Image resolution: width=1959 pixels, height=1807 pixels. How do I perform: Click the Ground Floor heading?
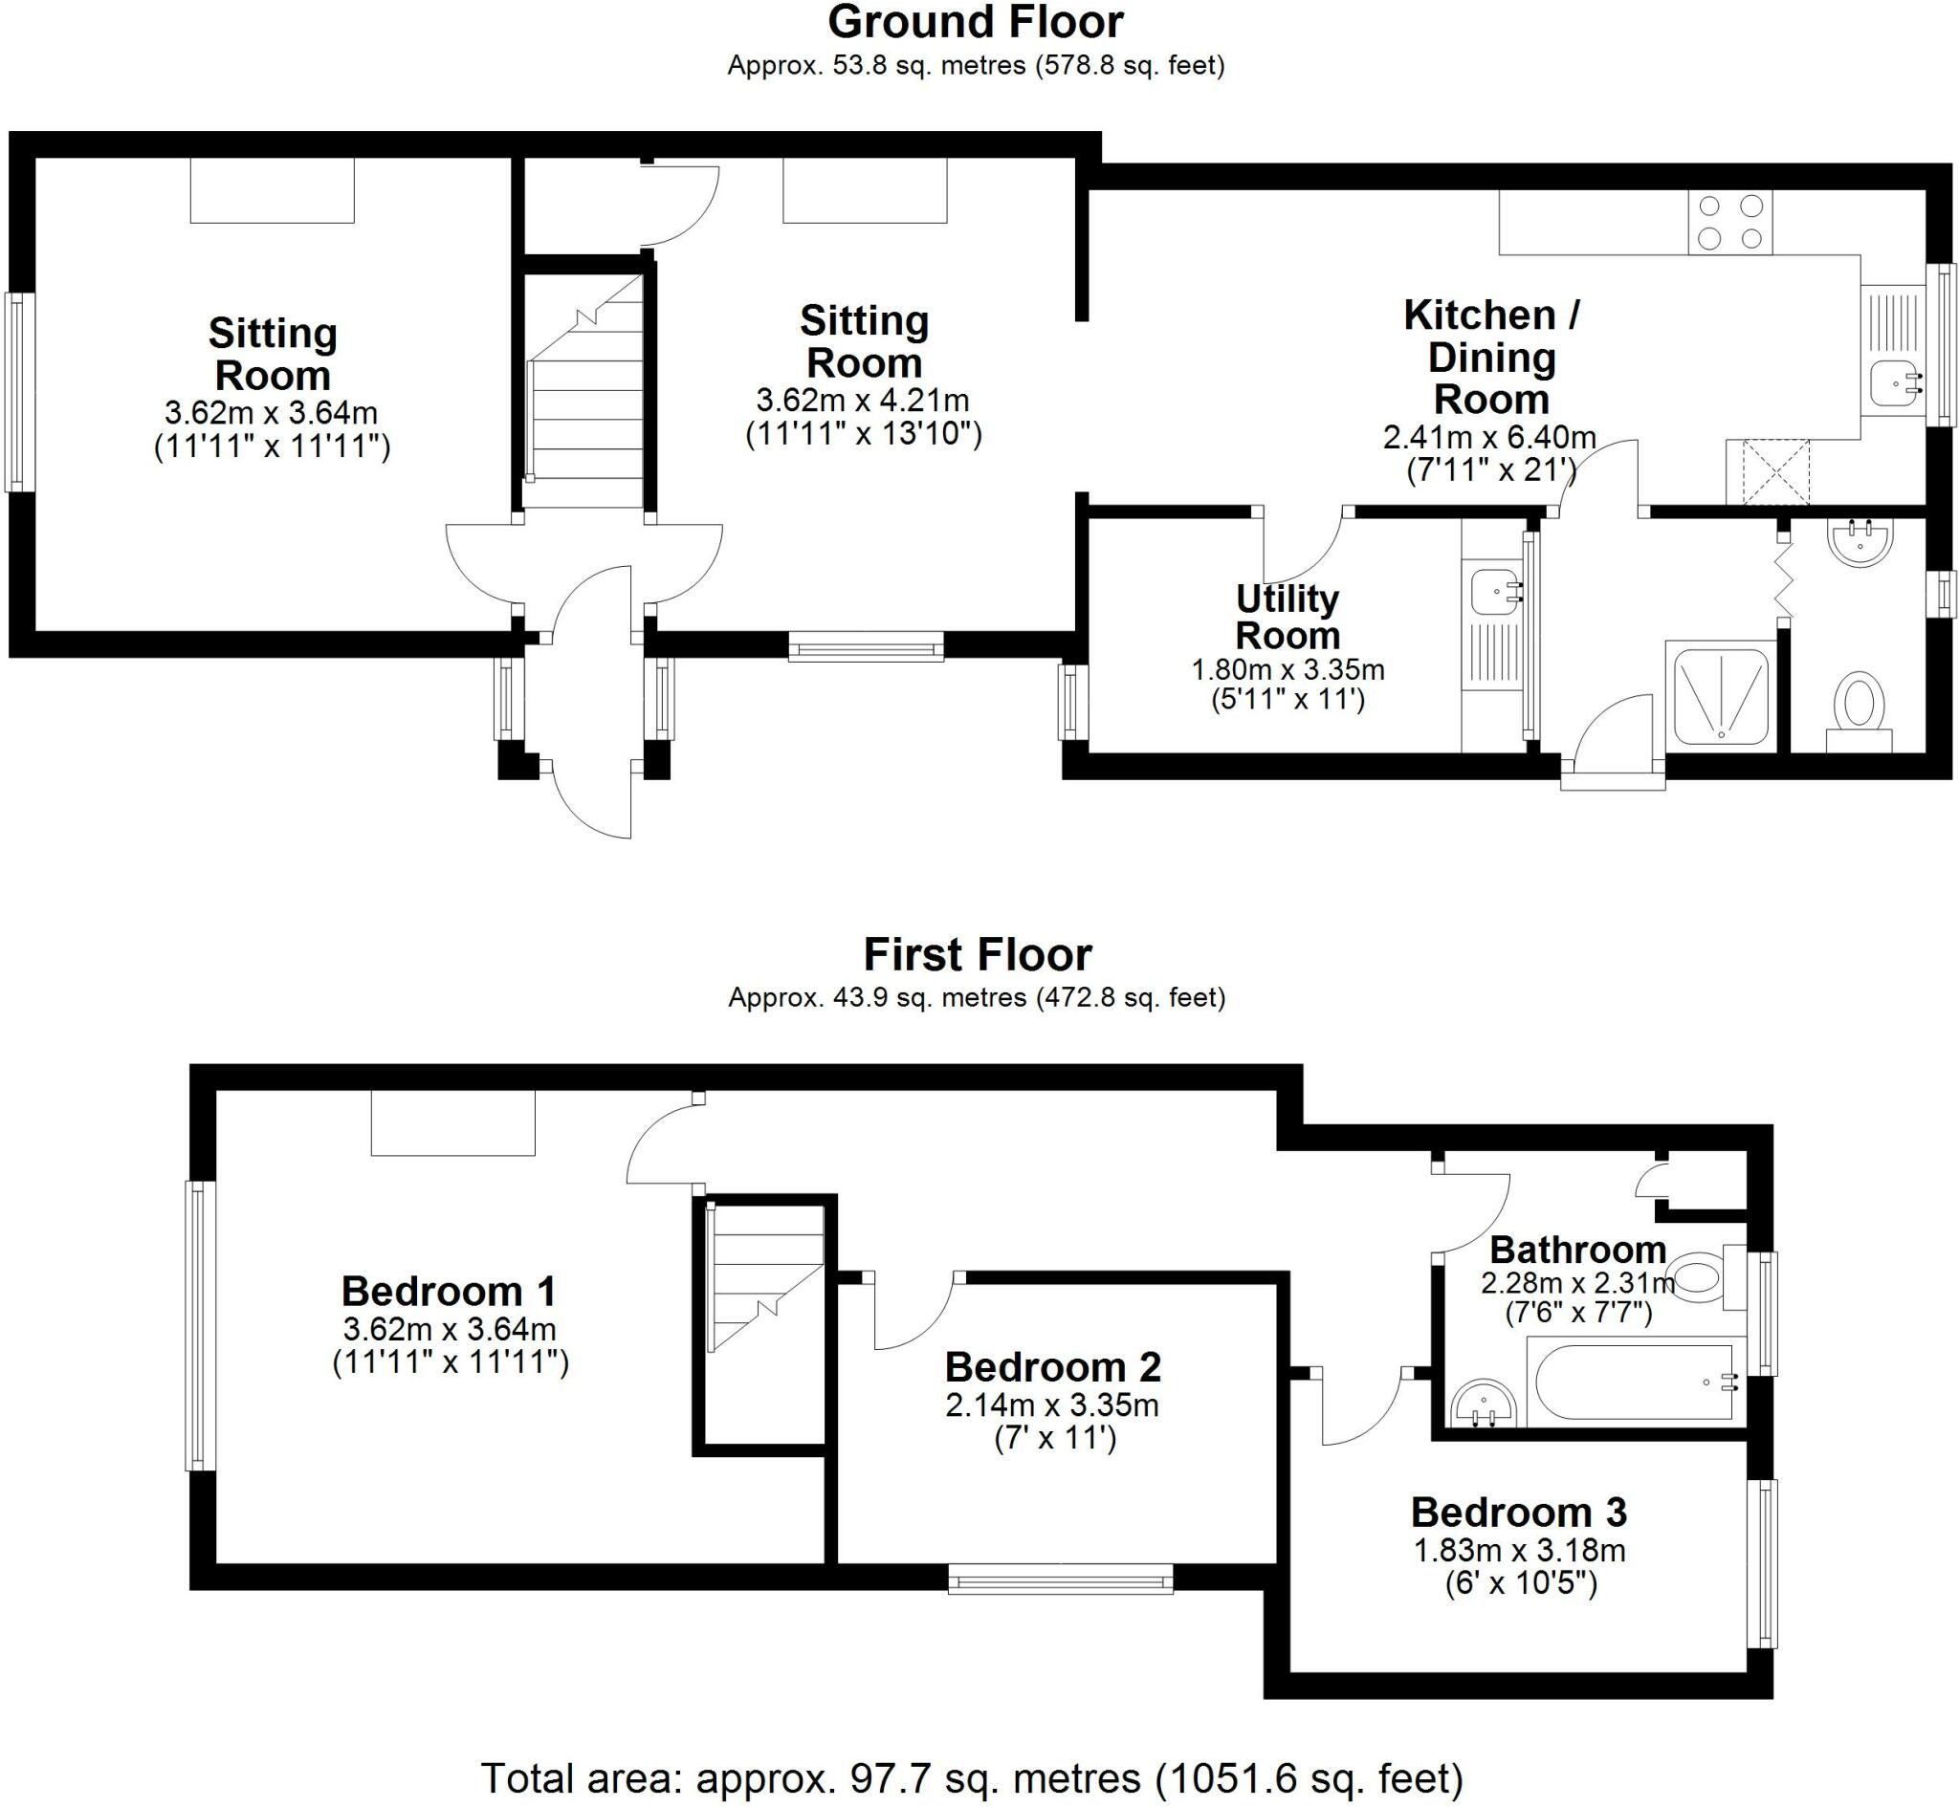click(976, 21)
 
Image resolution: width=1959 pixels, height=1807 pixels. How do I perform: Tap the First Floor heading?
click(977, 954)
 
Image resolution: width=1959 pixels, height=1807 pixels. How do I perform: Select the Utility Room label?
click(1288, 617)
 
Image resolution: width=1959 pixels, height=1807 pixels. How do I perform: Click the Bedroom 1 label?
click(449, 1291)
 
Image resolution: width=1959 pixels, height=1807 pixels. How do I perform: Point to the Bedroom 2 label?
click(1052, 1366)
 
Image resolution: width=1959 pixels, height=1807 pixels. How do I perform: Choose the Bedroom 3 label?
click(1519, 1512)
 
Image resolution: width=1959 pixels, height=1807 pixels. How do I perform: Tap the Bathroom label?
click(1578, 1249)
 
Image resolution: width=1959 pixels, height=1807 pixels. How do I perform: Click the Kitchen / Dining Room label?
click(1490, 357)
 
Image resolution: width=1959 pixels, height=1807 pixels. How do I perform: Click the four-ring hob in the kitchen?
click(1730, 222)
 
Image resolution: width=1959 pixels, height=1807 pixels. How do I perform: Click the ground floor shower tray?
click(1722, 696)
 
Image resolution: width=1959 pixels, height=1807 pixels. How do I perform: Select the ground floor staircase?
click(583, 391)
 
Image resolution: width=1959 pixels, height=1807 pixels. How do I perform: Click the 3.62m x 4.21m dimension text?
click(863, 400)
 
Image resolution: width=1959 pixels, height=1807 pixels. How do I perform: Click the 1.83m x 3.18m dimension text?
click(1520, 1550)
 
